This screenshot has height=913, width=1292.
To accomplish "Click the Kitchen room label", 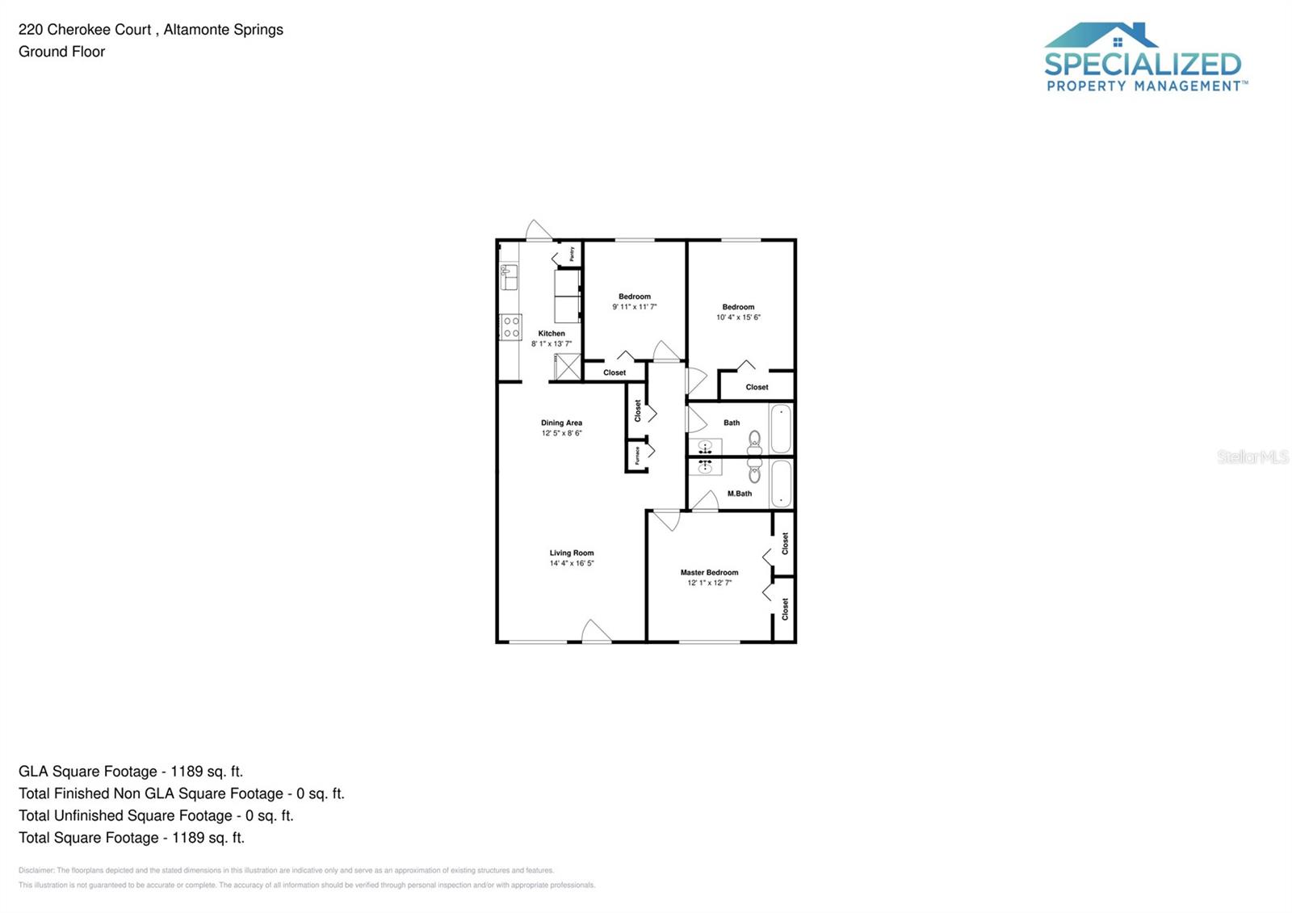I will pyautogui.click(x=552, y=333).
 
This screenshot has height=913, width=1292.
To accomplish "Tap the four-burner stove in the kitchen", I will pyautogui.click(x=511, y=327).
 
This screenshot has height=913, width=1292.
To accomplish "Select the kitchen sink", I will pyautogui.click(x=509, y=277).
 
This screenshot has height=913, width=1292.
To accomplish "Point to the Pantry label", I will pyautogui.click(x=572, y=254).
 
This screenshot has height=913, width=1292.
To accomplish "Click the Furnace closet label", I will pyautogui.click(x=637, y=456).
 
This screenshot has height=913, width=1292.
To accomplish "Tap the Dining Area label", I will pyautogui.click(x=561, y=423).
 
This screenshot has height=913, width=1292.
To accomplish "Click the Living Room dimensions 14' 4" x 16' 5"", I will pyautogui.click(x=572, y=563).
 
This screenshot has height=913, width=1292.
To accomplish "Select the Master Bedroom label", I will pyautogui.click(x=709, y=572).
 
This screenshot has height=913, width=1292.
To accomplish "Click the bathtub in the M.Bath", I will pyautogui.click(x=781, y=483).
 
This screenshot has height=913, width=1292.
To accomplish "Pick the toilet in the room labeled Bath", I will pyautogui.click(x=755, y=441).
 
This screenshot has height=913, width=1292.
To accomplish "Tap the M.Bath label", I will pyautogui.click(x=739, y=494).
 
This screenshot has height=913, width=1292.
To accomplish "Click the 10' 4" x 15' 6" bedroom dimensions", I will pyautogui.click(x=738, y=318).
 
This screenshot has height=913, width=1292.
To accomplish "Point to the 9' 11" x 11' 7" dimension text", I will pyautogui.click(x=634, y=307).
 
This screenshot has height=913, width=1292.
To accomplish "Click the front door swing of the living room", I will pyautogui.click(x=596, y=632).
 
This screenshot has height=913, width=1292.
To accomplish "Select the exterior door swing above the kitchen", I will pyautogui.click(x=538, y=231).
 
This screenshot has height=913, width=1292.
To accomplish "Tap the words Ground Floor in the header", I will pyautogui.click(x=62, y=52).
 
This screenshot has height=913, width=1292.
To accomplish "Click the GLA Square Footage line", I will pyautogui.click(x=131, y=772).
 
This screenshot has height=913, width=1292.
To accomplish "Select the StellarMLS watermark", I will pyautogui.click(x=1252, y=457).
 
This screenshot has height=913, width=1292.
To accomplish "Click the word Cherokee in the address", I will pyautogui.click(x=99, y=30).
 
